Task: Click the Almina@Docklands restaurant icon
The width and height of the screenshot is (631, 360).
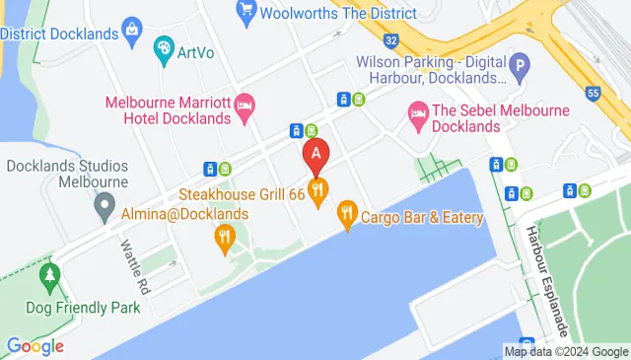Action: (x=225, y=236)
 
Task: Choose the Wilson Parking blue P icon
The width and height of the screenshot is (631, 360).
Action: (x=520, y=65)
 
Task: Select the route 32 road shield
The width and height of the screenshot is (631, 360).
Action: (x=391, y=40)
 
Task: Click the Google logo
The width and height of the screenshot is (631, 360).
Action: (x=35, y=346)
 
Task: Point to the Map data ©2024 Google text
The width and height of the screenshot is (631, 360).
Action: (x=565, y=351)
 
